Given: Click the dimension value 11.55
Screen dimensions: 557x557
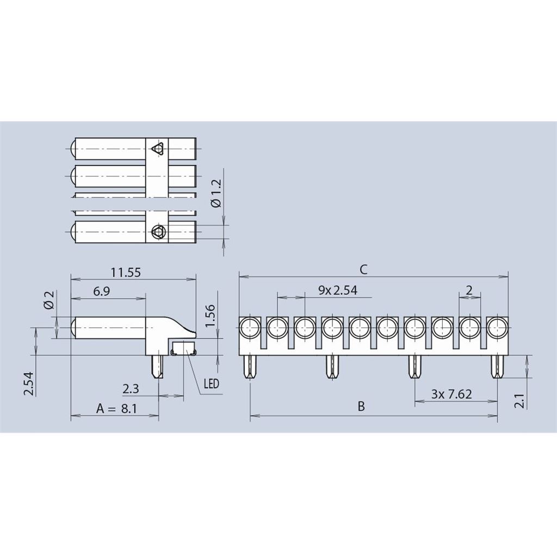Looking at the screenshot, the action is [126, 273].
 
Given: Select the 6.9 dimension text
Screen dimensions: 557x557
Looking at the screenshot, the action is [102, 292].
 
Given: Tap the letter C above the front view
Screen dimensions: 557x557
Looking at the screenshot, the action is [363, 270].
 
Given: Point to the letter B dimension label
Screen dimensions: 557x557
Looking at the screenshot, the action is [361, 406].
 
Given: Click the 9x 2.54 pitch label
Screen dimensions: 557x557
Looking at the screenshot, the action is [338, 290].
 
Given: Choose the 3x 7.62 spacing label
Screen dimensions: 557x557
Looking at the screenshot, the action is [451, 394].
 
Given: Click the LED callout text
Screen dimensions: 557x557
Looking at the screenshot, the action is [212, 383].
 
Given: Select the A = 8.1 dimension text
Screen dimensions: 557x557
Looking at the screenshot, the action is [116, 409].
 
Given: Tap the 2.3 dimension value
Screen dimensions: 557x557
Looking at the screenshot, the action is [131, 389].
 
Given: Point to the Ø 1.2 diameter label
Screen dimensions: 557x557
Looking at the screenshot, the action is [216, 194].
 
